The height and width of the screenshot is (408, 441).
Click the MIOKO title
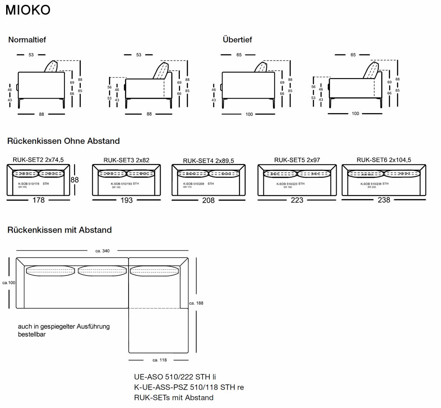28,11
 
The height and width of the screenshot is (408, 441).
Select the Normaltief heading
27,39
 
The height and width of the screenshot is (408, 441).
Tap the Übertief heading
237,39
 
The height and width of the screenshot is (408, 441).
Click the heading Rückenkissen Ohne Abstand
64,141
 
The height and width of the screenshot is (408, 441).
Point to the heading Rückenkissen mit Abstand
60,230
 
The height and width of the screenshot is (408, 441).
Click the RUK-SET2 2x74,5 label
38,160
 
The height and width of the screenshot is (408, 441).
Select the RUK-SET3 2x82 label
126,160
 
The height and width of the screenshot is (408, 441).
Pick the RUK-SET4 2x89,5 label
208,161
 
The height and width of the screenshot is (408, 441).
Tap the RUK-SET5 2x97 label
297,160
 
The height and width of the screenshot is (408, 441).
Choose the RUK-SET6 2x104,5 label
384,160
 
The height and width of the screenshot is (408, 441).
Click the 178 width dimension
39,200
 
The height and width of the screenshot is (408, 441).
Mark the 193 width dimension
126,200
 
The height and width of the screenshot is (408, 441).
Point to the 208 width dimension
208,200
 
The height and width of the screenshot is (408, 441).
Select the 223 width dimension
297,200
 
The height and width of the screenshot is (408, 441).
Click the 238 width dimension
384,200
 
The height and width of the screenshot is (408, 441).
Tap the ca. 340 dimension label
102,251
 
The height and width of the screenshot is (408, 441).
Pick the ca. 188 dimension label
196,303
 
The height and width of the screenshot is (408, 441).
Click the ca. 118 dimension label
159,360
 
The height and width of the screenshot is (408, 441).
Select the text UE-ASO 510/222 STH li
175,377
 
